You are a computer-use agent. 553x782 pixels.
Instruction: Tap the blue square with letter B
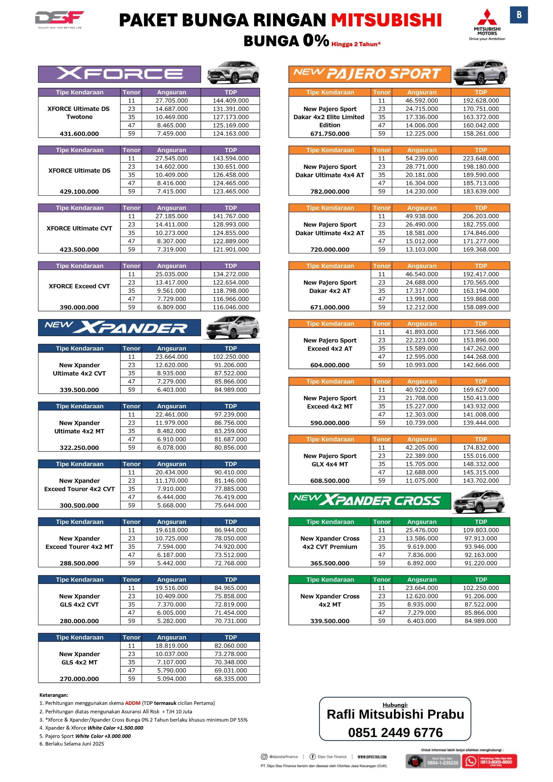519,15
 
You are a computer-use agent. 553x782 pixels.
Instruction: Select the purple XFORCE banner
119,74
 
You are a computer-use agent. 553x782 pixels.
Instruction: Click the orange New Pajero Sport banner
369,74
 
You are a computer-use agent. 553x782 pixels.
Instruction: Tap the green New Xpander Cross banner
369,500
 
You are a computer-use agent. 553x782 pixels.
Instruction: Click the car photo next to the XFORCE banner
233,72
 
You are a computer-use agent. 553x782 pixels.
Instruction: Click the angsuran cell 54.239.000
421,159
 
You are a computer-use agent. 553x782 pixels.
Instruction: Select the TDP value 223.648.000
481,159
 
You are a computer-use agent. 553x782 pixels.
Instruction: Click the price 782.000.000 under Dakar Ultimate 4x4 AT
330,192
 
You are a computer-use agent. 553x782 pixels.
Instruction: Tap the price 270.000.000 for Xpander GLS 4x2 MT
79,679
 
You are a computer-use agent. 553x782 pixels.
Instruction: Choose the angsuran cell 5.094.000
172,679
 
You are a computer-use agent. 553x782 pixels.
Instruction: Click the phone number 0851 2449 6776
395,733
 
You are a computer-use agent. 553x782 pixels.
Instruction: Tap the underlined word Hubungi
395,705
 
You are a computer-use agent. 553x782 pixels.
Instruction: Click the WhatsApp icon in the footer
471,761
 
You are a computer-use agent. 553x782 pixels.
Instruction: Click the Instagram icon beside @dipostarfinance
264,757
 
